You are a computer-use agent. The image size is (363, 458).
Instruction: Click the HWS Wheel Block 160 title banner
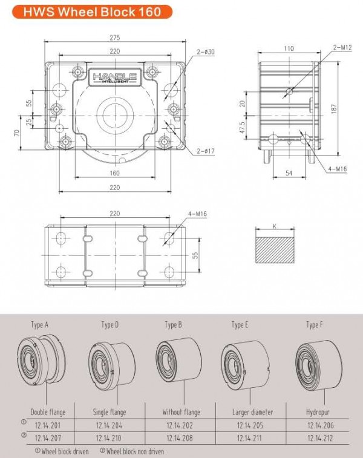click(92, 11)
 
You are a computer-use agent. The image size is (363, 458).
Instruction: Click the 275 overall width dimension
click(115, 38)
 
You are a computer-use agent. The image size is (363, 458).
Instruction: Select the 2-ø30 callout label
click(206, 52)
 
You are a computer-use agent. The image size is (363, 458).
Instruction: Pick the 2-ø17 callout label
click(206, 151)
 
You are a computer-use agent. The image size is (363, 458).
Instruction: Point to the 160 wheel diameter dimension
click(115, 173)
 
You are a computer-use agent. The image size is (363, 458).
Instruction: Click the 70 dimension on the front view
click(17, 132)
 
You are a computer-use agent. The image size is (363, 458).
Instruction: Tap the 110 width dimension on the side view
click(289, 48)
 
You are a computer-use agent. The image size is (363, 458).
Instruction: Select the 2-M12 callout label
click(342, 47)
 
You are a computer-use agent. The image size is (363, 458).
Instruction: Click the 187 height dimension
click(335, 109)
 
